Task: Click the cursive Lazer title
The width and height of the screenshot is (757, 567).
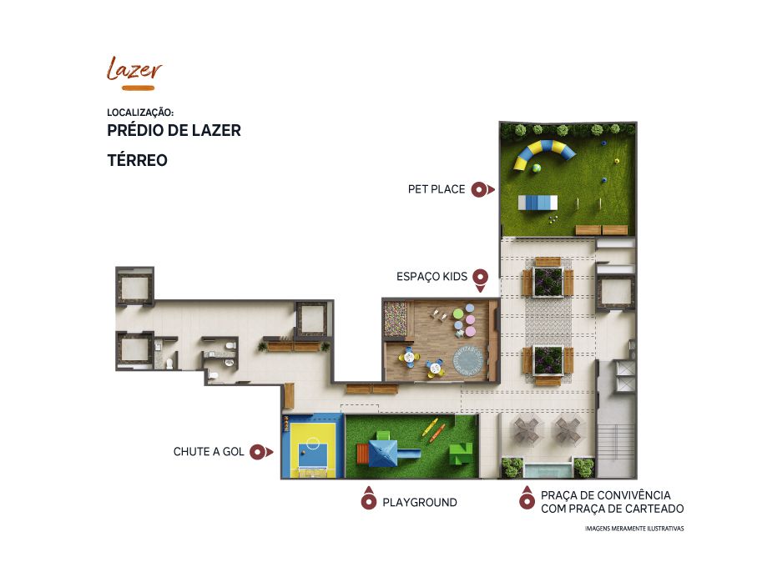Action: point(134,68)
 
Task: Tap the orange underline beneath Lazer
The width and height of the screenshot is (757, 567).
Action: point(138,88)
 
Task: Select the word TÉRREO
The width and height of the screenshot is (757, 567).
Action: point(137,160)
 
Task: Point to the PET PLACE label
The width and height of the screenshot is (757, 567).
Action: point(437,189)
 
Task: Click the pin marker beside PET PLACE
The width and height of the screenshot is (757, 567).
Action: point(482,189)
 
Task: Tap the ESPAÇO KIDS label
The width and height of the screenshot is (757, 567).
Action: point(432,277)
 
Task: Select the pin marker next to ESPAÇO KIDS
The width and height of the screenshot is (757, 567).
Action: point(481,280)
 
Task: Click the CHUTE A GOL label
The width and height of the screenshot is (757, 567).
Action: point(209,452)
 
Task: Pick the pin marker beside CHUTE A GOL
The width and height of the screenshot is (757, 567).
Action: point(261,452)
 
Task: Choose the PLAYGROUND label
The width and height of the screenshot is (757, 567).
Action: point(420,503)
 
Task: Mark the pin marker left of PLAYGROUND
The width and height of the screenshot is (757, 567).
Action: point(368,499)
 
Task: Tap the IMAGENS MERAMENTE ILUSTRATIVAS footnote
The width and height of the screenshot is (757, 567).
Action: point(634,529)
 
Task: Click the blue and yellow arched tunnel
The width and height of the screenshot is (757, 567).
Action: point(544,152)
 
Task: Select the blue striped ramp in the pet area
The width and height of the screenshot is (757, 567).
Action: point(537,203)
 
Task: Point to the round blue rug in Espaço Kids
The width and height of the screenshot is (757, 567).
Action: point(468,360)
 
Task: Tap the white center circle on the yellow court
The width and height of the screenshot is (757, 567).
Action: point(312,442)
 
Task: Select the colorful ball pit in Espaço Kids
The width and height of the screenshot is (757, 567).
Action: point(396,319)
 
